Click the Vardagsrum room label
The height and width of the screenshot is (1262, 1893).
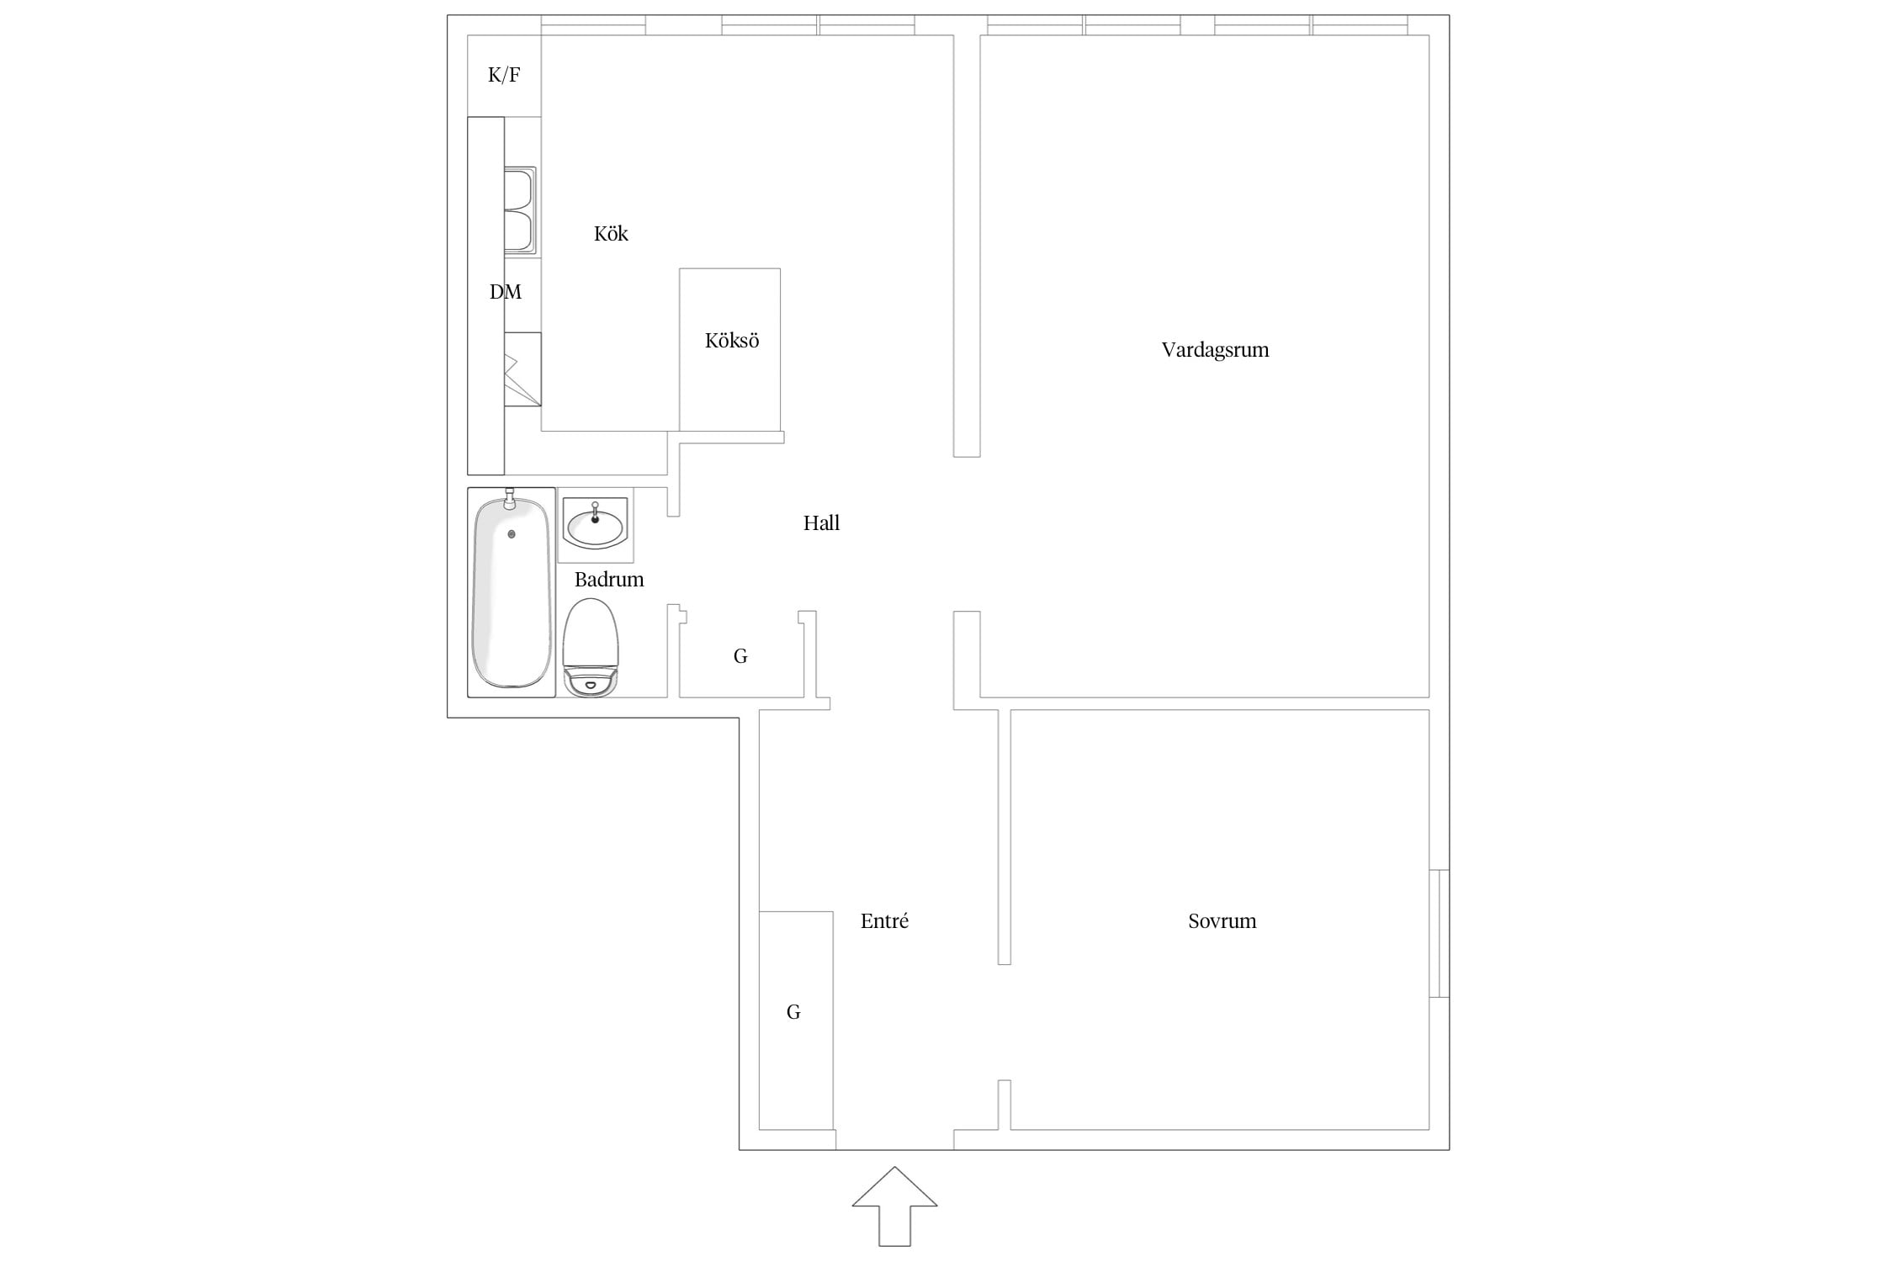click(1215, 350)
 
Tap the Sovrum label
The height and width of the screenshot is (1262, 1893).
click(1222, 921)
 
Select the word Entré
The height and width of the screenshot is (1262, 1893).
click(884, 921)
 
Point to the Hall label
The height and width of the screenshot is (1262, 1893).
click(821, 523)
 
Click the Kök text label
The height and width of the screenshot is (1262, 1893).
click(611, 233)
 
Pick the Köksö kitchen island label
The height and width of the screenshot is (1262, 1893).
click(732, 341)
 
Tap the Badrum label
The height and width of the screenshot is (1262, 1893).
click(609, 580)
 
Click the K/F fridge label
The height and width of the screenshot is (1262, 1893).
click(504, 76)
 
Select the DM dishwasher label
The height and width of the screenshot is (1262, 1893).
click(506, 292)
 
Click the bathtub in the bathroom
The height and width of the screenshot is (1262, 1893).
click(512, 592)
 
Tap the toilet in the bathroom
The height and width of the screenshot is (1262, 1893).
click(591, 648)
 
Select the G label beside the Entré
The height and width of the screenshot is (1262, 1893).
click(793, 1012)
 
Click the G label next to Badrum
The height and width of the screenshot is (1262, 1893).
click(740, 656)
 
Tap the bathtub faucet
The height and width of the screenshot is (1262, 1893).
click(508, 500)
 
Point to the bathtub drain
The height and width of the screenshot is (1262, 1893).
click(512, 534)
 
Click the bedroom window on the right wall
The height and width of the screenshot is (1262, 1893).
click(1440, 933)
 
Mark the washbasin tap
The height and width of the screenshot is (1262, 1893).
click(596, 512)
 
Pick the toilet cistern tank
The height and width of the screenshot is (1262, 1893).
click(591, 682)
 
